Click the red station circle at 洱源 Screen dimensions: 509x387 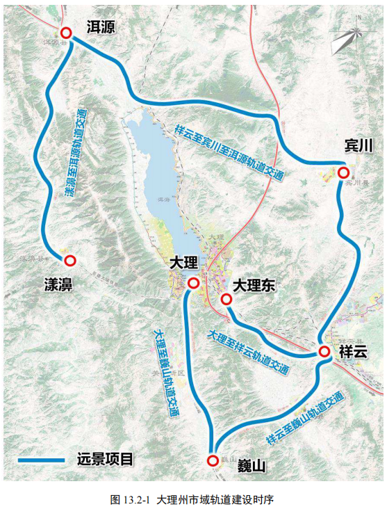point(66,33)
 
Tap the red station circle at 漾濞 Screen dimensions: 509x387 point(69,260)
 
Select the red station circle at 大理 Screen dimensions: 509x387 point(193,283)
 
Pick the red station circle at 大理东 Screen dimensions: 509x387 point(226,300)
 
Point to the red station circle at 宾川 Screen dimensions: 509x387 point(343,172)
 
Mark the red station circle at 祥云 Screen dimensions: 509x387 point(324,352)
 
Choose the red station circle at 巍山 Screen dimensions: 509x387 point(213,460)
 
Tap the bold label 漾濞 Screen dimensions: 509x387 point(59,285)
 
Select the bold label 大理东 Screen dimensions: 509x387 point(256,285)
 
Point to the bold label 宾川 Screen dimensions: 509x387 point(359,145)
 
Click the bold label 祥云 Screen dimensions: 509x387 point(352,352)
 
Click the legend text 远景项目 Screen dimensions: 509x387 point(105,460)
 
